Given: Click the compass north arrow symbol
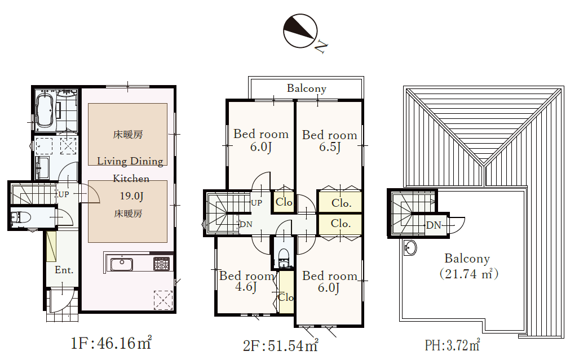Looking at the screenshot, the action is (x=300, y=32).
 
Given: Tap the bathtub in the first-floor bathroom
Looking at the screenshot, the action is (x=46, y=110).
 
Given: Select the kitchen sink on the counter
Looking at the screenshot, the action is (x=121, y=264).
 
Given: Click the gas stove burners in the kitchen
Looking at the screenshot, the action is (x=162, y=264).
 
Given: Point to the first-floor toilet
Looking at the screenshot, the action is (x=20, y=217).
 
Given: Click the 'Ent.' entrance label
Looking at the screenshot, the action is (x=64, y=270).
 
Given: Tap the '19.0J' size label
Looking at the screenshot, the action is (x=131, y=196).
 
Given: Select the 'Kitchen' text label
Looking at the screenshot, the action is (x=131, y=179).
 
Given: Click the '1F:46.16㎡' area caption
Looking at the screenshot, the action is (x=111, y=343).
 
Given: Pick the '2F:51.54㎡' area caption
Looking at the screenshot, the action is (x=281, y=345).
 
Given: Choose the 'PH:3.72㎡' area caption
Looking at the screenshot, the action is (x=452, y=345).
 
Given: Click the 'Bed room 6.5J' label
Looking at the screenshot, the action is (x=330, y=141).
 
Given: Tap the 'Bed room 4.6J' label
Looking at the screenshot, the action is (x=246, y=281).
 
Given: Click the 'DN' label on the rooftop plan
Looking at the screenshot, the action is (x=434, y=225).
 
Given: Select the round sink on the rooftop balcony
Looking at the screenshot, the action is (x=409, y=247).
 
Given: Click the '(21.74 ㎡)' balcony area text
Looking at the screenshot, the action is (x=469, y=274).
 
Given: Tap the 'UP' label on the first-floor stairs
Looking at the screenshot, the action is (x=64, y=194).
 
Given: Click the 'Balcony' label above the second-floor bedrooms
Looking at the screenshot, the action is (x=307, y=88).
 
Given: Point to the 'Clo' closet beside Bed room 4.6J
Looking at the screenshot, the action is (x=286, y=297).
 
